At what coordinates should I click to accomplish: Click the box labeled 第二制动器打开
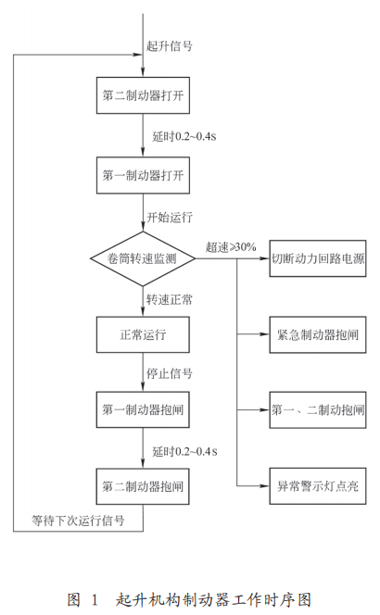point(144,95)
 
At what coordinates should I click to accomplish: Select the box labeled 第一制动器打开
point(144,175)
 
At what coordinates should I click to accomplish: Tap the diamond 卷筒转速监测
point(143,258)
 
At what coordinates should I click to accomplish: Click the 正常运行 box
point(144,334)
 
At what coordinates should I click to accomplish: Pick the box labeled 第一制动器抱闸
point(144,409)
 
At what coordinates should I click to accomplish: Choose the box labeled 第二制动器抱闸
point(144,486)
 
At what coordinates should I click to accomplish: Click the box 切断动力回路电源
point(318,258)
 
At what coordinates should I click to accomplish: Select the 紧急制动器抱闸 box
point(318,334)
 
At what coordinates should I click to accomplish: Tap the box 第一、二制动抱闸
point(318,410)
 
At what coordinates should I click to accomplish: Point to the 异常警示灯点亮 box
point(318,486)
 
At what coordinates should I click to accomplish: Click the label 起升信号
point(170,46)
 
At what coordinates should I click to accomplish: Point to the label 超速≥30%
point(231,247)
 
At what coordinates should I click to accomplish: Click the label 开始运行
point(170,217)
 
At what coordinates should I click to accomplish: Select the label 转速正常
point(170,300)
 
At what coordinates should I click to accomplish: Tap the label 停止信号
point(170,373)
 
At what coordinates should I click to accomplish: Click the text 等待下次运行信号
point(78,521)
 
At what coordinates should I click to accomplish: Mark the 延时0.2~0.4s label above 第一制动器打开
point(184,136)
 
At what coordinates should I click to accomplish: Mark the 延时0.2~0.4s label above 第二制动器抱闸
point(184,451)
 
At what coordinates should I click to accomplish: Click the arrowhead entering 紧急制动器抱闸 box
point(265,334)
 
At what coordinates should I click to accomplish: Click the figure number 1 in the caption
point(94,600)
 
